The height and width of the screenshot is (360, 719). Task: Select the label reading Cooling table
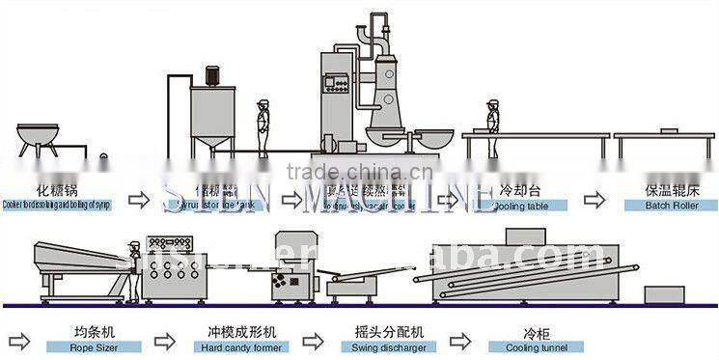click(x=522, y=205)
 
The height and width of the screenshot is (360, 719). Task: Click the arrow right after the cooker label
click(x=140, y=199)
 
